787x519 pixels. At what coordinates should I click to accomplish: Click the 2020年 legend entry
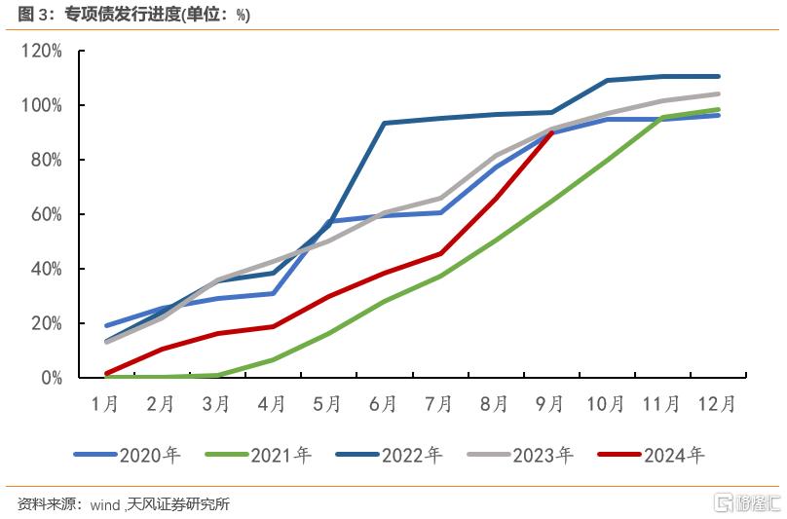(x=127, y=455)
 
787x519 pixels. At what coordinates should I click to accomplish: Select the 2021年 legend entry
(x=258, y=455)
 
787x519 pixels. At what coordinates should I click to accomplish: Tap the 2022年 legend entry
(x=390, y=455)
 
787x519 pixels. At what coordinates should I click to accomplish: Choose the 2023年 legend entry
(x=520, y=455)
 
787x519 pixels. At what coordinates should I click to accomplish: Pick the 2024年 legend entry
(x=652, y=455)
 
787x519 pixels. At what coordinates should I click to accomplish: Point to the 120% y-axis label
(x=41, y=51)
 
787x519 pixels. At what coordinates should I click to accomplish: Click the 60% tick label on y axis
(x=46, y=214)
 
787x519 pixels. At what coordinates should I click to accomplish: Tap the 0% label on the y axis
(x=52, y=378)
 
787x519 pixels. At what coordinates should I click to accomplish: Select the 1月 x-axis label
(x=105, y=404)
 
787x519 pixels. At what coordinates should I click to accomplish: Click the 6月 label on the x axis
(x=383, y=404)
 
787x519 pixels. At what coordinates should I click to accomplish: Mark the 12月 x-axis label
(x=717, y=404)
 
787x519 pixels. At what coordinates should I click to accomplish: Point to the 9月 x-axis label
(x=550, y=404)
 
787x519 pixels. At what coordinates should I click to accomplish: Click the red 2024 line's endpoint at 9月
(x=551, y=132)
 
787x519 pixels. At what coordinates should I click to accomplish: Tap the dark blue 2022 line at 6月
(x=384, y=123)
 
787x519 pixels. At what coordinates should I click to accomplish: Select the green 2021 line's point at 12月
(x=718, y=109)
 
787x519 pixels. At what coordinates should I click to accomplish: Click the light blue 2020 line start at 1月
(x=106, y=326)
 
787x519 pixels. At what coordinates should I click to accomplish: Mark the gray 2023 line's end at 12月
(x=718, y=93)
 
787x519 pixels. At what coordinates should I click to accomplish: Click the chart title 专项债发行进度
(x=123, y=15)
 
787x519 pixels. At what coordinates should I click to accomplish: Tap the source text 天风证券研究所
(x=178, y=504)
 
